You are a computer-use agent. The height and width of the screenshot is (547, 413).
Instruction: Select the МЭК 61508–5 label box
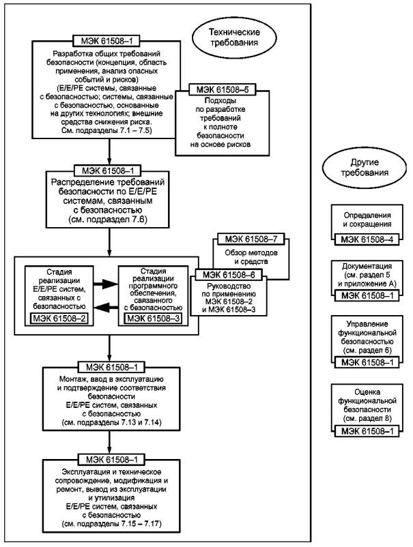222,89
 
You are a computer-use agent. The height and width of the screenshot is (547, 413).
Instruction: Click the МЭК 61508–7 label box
251,239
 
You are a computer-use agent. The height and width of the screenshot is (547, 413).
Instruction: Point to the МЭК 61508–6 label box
229,275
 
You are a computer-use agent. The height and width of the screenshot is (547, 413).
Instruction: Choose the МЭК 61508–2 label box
59,319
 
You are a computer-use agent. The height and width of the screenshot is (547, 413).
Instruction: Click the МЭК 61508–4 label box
367,239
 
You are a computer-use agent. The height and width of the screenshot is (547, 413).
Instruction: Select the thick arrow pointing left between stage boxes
106,307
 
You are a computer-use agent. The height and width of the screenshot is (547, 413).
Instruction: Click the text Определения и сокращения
367,220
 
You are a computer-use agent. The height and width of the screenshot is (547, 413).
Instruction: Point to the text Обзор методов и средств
251,256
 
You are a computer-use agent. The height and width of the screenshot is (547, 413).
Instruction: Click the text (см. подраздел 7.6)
108,220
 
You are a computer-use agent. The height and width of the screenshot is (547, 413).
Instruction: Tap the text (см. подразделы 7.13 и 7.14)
111,422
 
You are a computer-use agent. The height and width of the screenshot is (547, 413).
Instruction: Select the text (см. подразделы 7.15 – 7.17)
111,524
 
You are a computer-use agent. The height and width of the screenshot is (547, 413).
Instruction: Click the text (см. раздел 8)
367,418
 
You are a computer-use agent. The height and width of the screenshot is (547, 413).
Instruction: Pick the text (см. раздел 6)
367,351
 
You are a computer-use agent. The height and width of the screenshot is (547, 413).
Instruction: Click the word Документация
367,266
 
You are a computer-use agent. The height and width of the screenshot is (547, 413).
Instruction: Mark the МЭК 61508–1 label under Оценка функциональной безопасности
367,431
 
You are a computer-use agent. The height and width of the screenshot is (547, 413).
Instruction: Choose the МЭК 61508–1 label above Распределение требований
108,171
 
